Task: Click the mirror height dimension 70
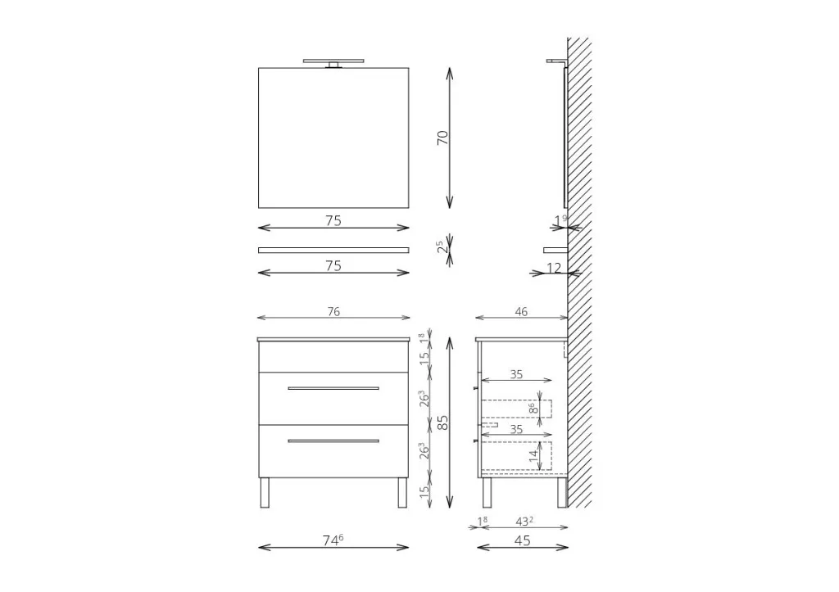pos(443,138)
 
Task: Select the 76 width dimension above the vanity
pos(333,311)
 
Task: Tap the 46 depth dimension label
pos(521,311)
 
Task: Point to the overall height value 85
pos(443,423)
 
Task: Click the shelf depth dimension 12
pos(555,268)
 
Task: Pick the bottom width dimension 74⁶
pos(333,540)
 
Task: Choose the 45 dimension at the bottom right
pos(522,540)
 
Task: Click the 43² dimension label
pos(524,521)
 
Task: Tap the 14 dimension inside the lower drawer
pos(533,455)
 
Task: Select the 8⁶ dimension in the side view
pos(533,409)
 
